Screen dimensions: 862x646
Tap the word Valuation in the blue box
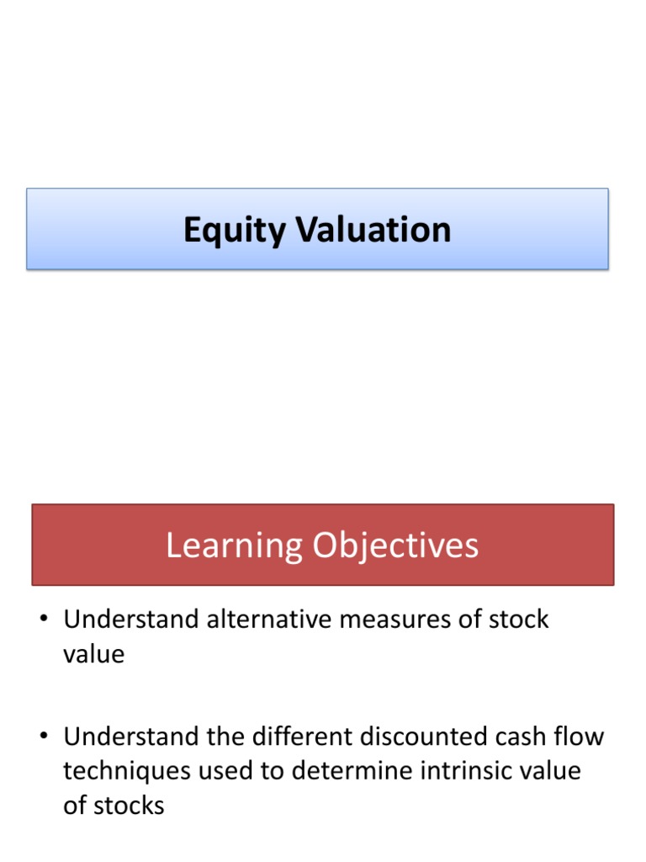click(370, 230)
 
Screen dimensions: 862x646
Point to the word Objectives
click(395, 546)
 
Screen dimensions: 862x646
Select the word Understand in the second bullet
click(130, 737)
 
